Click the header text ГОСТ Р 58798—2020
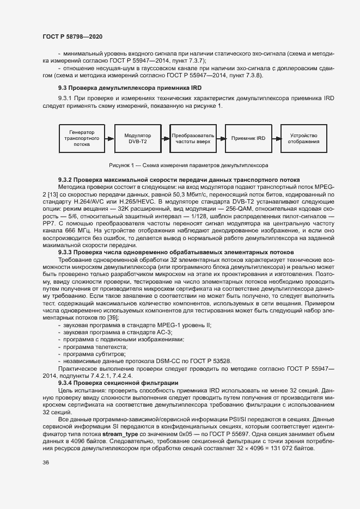point(72,36)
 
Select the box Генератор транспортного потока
point(82,138)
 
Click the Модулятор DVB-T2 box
point(137,138)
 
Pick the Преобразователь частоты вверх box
point(193,138)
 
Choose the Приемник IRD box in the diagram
point(248,138)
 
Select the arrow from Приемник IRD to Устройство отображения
point(276,139)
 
